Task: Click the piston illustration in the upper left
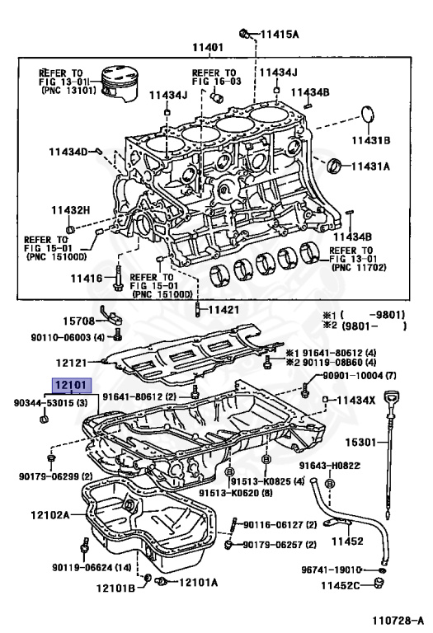pyautogui.click(x=118, y=85)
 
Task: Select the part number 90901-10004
pyautogui.click(x=352, y=377)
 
